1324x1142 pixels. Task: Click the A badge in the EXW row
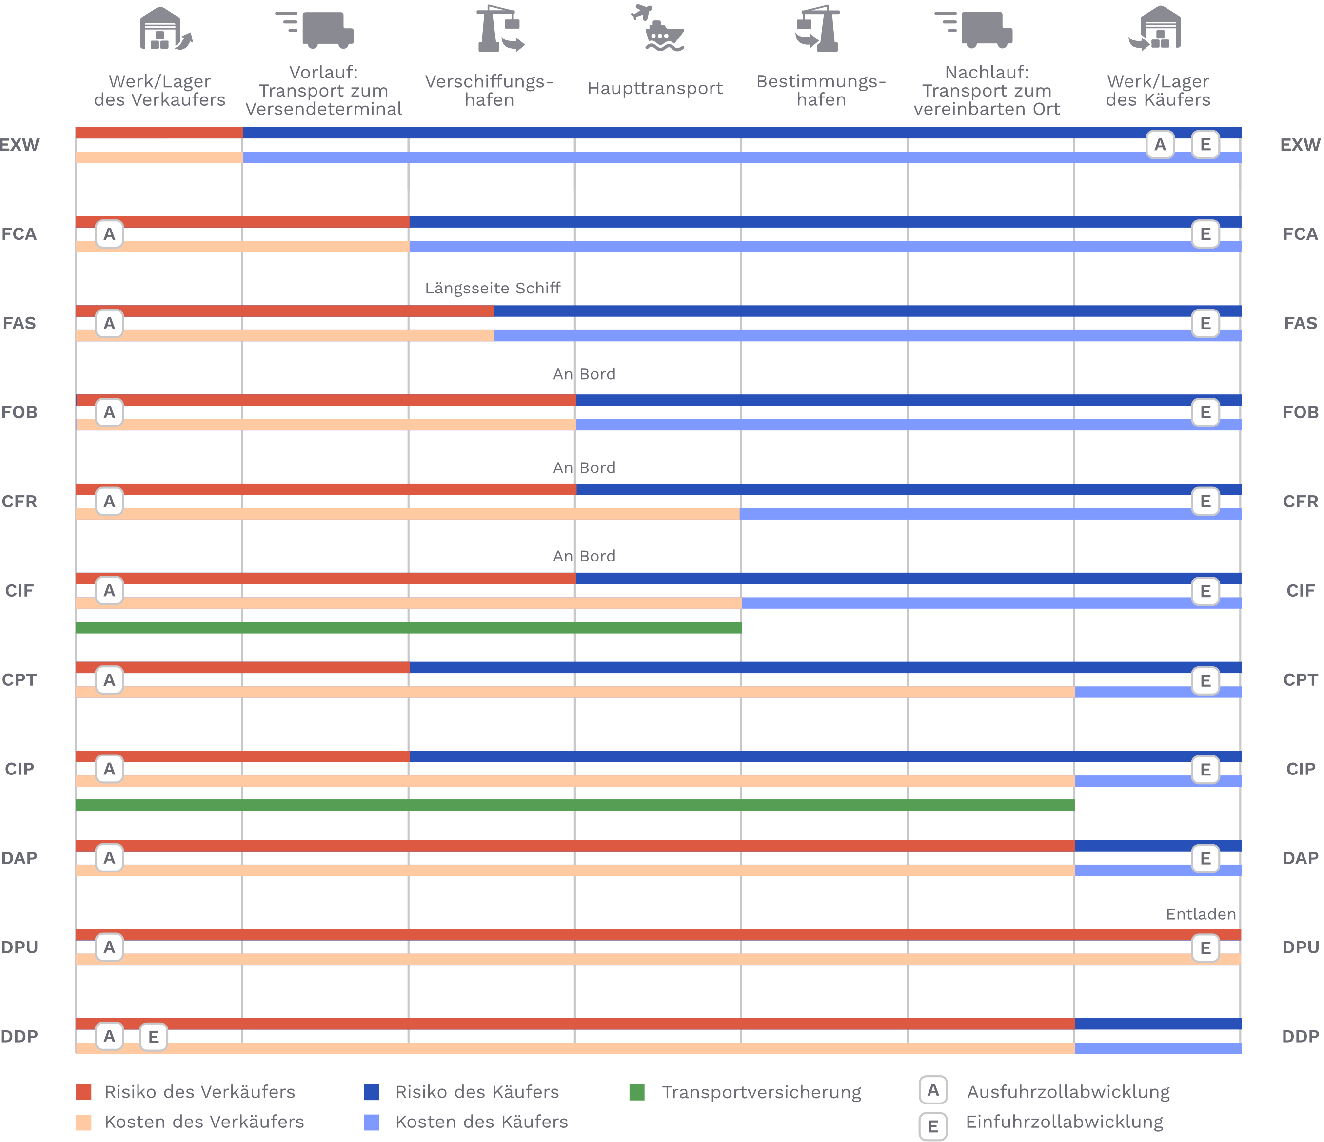click(x=1159, y=145)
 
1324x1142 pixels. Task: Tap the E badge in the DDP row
click(x=153, y=1037)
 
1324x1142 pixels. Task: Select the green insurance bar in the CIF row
click(x=409, y=628)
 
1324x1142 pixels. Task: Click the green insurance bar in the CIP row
click(x=575, y=805)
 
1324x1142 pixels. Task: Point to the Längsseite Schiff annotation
click(x=493, y=288)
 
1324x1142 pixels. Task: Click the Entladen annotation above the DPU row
click(x=1201, y=914)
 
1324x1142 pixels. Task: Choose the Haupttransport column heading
click(x=655, y=88)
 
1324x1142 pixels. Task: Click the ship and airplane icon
click(x=658, y=29)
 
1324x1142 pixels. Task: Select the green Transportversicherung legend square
click(x=636, y=1092)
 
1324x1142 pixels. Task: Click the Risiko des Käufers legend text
click(x=477, y=1092)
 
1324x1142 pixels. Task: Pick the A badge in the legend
click(x=933, y=1090)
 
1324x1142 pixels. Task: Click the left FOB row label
click(x=19, y=413)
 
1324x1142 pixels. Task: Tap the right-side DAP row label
click(x=1301, y=858)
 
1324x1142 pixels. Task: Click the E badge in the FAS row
click(x=1205, y=324)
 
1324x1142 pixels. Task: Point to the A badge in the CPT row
click(x=109, y=680)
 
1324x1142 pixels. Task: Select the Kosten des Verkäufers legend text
click(x=204, y=1122)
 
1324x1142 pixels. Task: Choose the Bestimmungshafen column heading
click(x=821, y=91)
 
